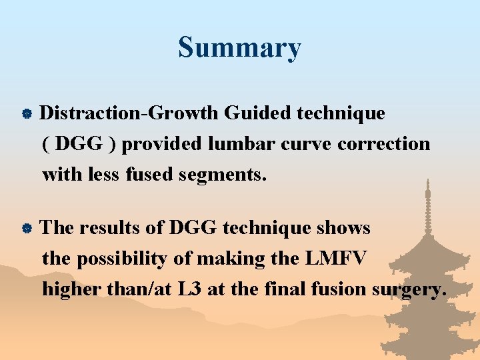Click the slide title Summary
pos(239,48)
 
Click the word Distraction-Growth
pos(129,113)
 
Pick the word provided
pos(162,144)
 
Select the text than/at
pos(161,289)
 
